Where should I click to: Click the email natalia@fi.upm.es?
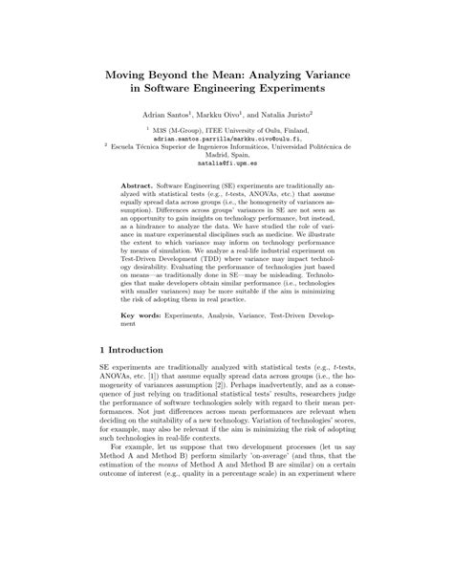(226, 163)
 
